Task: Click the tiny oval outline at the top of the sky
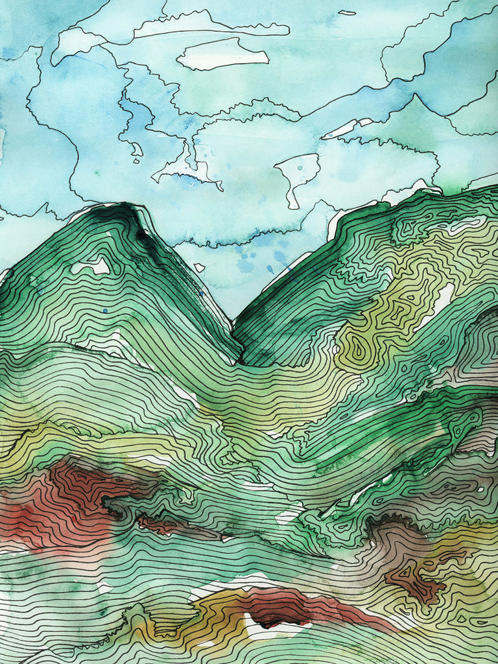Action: pos(348,12)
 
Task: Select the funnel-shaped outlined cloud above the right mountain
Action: pos(298,171)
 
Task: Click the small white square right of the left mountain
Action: pos(199,267)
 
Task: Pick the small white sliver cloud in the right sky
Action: pos(348,128)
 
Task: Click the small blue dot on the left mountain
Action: pos(105,311)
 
